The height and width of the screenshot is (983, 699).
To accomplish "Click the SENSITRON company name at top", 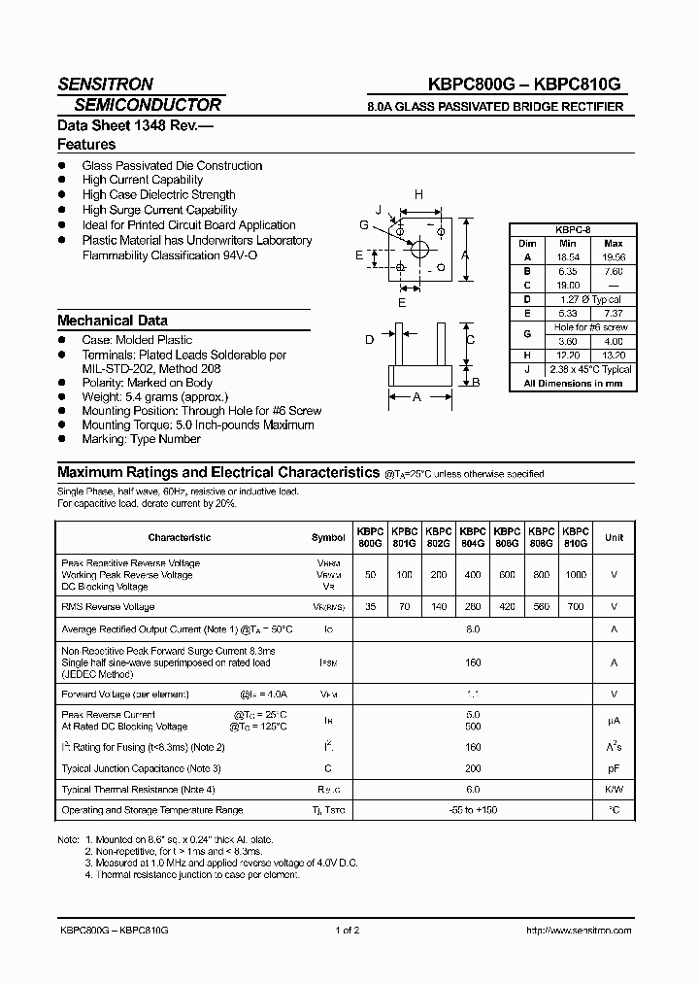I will [106, 84].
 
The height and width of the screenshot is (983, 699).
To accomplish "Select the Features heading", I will [86, 144].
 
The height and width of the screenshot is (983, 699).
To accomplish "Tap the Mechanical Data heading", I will [113, 320].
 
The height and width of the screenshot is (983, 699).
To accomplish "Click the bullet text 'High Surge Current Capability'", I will [159, 210].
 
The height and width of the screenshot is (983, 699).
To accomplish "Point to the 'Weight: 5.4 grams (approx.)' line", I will [155, 396].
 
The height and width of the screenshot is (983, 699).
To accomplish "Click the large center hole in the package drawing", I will [419, 250].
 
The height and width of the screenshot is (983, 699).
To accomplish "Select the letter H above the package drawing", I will [418, 195].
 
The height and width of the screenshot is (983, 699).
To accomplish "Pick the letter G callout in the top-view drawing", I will [363, 225].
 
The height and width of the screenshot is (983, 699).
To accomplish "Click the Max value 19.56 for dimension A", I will [613, 257].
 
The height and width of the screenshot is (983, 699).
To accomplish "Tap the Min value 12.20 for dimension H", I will [569, 356].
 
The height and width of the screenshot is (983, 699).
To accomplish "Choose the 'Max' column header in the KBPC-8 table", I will [613, 244].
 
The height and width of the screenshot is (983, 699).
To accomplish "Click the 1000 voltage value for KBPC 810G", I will [576, 575].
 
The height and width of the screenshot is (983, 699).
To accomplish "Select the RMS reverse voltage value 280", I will [473, 607].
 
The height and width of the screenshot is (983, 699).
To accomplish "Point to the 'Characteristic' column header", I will [179, 537].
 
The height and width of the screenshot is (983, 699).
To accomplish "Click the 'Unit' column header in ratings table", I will [614, 537].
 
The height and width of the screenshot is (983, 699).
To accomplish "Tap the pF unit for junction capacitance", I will [614, 768].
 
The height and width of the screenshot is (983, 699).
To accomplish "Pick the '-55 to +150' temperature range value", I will [473, 810].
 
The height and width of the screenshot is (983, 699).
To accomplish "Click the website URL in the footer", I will [578, 930].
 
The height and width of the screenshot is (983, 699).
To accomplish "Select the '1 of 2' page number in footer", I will [348, 930].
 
